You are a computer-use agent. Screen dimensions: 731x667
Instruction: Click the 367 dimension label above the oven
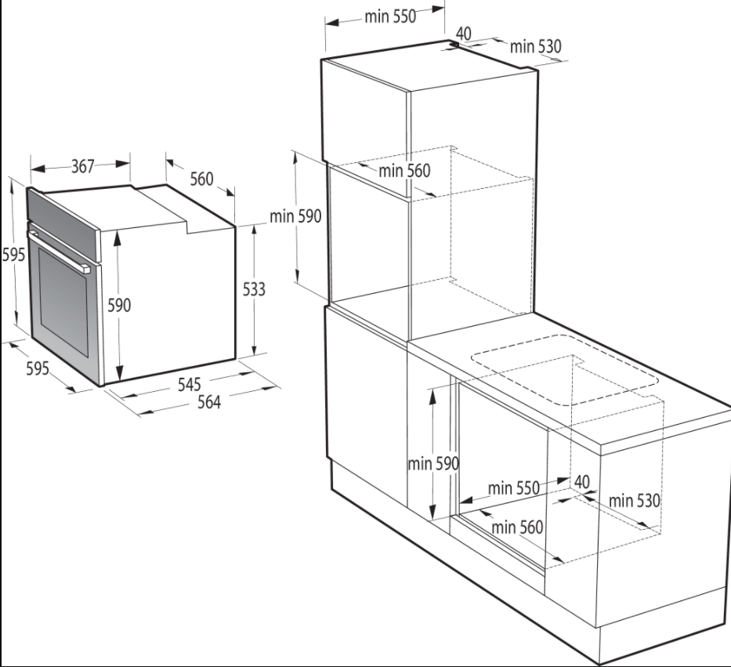(x=83, y=166)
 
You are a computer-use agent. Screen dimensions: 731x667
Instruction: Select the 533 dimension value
(x=254, y=289)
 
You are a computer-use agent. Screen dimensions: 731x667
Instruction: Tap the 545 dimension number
(x=190, y=384)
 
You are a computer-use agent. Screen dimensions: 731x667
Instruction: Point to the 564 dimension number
(x=209, y=401)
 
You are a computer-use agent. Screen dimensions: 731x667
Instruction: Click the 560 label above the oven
(x=201, y=179)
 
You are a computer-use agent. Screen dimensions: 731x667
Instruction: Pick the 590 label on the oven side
(x=119, y=305)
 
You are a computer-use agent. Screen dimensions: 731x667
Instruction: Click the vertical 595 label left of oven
(x=13, y=255)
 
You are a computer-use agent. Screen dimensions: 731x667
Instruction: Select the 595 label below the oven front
(x=38, y=368)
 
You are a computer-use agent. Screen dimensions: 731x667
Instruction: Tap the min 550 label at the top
(x=390, y=16)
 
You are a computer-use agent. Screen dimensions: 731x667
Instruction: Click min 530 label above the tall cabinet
(x=536, y=46)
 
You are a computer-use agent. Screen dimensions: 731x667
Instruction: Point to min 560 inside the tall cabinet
(x=404, y=171)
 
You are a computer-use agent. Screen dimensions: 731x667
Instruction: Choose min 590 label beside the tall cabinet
(x=295, y=216)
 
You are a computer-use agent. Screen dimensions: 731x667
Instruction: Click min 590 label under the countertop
(x=433, y=464)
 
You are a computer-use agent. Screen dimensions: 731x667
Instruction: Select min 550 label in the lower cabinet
(x=514, y=488)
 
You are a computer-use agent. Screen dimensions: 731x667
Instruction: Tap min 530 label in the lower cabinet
(x=635, y=501)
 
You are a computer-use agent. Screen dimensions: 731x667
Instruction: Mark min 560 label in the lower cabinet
(x=517, y=527)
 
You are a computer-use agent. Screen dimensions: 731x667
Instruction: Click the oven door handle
(x=58, y=251)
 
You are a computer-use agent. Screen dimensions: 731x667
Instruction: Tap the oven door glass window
(x=63, y=301)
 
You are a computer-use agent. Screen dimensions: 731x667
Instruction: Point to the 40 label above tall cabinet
(x=463, y=34)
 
